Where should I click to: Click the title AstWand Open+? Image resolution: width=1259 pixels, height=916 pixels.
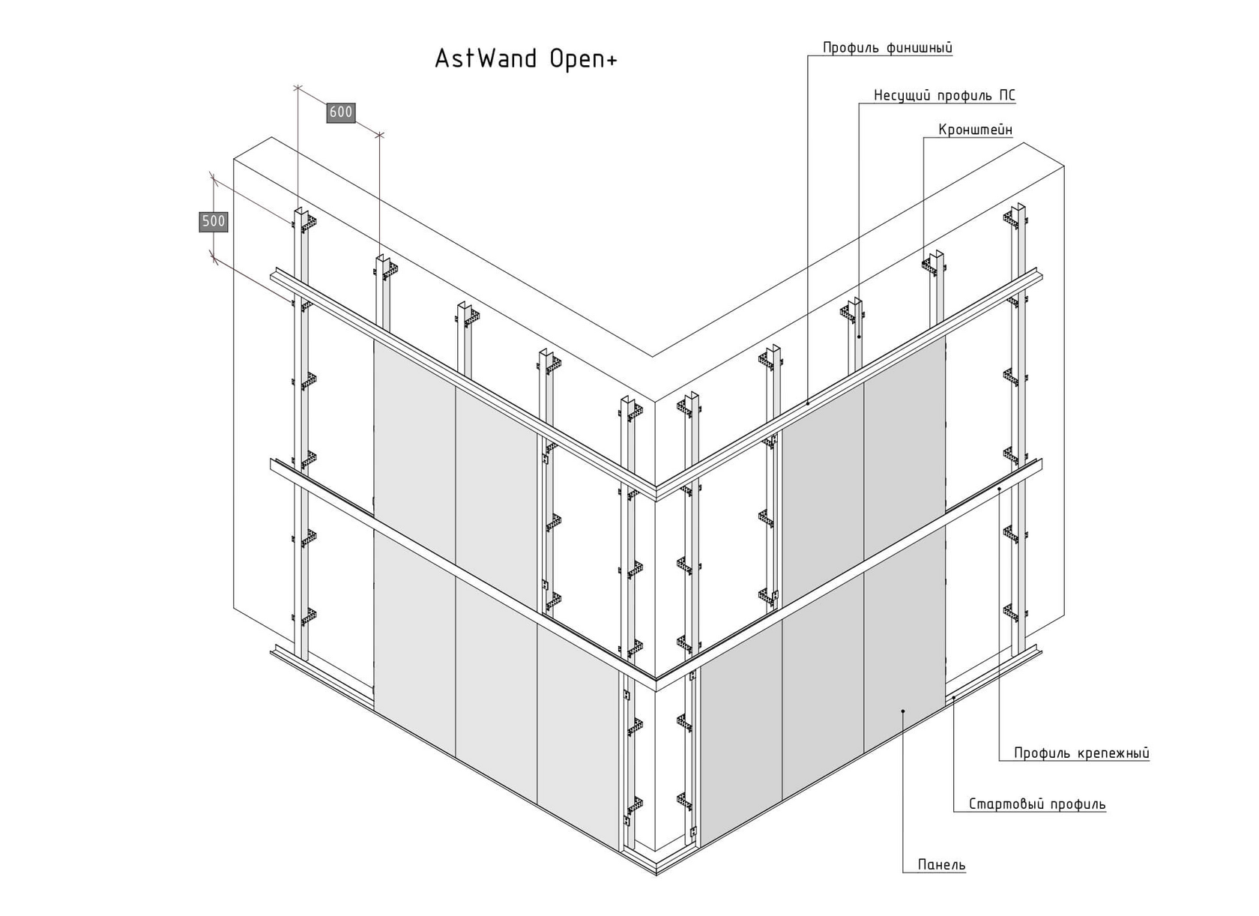click(x=526, y=59)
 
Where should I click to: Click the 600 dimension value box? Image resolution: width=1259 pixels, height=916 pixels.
click(x=340, y=112)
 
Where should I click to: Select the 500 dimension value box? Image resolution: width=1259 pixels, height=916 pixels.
click(x=214, y=221)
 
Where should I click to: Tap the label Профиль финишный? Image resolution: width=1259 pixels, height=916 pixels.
click(x=887, y=48)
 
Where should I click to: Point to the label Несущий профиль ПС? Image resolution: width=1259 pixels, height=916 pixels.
click(x=944, y=95)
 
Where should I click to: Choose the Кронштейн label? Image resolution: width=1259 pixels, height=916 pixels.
click(x=975, y=130)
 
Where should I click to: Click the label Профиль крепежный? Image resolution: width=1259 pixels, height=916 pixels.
click(x=1081, y=753)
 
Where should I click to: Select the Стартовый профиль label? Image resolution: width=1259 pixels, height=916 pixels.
click(x=1037, y=804)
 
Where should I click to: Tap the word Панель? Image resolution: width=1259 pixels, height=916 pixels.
click(x=942, y=865)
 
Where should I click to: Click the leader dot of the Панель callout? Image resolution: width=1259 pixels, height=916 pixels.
click(x=904, y=711)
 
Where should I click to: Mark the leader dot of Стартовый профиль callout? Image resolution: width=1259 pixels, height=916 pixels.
click(x=954, y=697)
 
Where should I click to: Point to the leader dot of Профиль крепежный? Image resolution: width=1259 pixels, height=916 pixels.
click(x=1000, y=489)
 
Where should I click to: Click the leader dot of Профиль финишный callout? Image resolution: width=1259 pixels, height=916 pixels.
click(x=808, y=403)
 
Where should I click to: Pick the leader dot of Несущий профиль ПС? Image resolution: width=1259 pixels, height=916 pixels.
click(x=859, y=337)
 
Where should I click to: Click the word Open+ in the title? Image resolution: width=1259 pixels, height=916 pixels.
click(x=584, y=59)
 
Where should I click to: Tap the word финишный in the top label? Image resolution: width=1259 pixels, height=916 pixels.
click(x=919, y=48)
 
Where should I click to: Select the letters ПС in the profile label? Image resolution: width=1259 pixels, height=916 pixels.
click(x=1007, y=95)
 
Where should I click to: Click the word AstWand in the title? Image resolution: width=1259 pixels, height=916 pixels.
click(x=486, y=59)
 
